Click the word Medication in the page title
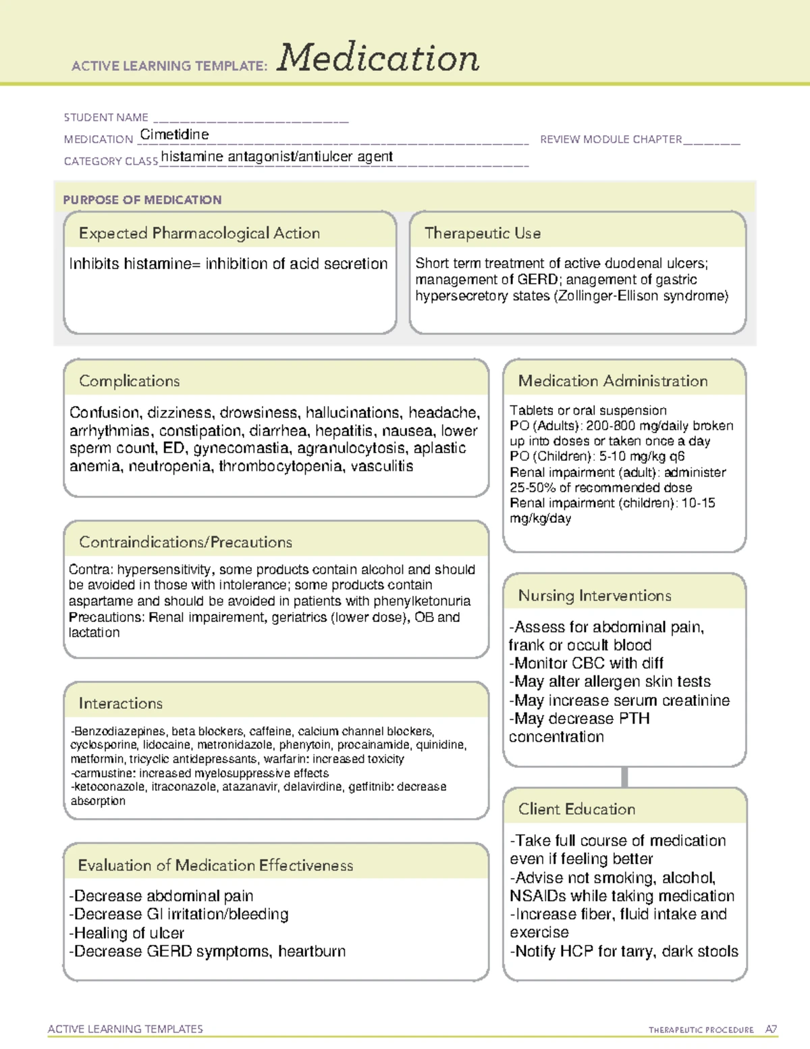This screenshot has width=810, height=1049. (378, 58)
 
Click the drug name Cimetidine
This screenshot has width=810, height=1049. (174, 134)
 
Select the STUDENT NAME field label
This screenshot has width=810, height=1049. (106, 118)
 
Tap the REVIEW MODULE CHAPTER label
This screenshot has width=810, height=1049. (611, 139)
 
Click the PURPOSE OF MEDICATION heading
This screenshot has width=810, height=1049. (142, 200)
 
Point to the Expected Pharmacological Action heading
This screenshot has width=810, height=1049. (199, 233)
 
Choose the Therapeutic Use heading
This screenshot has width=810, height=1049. (482, 233)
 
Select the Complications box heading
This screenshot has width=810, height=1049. (129, 381)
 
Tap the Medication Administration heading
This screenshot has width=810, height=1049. (612, 381)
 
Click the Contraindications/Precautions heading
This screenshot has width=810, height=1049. (185, 542)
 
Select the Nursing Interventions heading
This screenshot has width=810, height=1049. (594, 596)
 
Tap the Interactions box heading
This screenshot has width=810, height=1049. (120, 704)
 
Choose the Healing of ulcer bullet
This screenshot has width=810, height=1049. (127, 933)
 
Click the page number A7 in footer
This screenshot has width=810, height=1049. (770, 1029)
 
